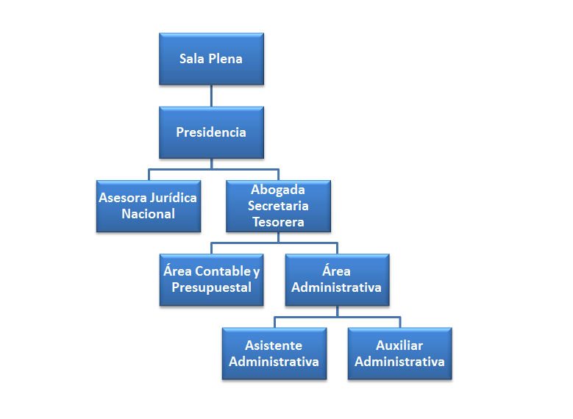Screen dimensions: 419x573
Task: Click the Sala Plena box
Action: [211, 59]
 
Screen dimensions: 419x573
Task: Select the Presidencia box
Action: [211, 132]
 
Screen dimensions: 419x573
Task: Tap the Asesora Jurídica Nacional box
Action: [149, 207]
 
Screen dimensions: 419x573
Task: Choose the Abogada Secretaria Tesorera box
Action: [278, 207]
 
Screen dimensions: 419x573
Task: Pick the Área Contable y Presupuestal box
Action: [211, 280]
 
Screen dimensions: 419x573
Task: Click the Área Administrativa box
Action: [337, 280]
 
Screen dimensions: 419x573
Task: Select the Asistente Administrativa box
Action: [274, 354]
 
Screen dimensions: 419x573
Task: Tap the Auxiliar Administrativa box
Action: [399, 354]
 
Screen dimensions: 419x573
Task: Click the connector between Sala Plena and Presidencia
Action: [211, 96]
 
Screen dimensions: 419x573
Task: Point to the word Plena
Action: [226, 59]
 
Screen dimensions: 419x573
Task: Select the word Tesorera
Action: [278, 222]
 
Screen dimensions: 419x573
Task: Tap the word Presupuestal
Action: [211, 288]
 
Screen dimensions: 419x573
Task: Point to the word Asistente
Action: [274, 345]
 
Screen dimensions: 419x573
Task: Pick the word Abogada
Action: [278, 190]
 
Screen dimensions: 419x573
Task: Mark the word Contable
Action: [223, 272]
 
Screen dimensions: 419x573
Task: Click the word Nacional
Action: [149, 215]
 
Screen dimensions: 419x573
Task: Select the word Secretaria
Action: [278, 207]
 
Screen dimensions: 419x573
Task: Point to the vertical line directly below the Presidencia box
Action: [211, 163]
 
